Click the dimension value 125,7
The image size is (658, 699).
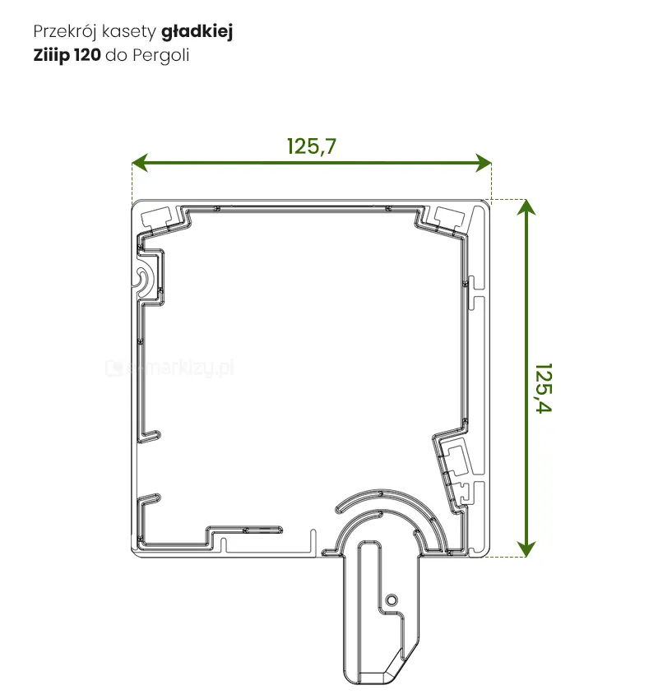click(x=312, y=146)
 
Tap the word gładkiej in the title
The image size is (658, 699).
click(x=197, y=32)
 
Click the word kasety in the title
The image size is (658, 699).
click(x=129, y=32)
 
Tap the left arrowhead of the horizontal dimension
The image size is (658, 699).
click(x=140, y=163)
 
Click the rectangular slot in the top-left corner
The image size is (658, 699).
click(x=158, y=218)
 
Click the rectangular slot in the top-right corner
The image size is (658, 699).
click(x=448, y=216)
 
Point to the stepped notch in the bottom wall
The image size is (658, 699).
click(x=220, y=539)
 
